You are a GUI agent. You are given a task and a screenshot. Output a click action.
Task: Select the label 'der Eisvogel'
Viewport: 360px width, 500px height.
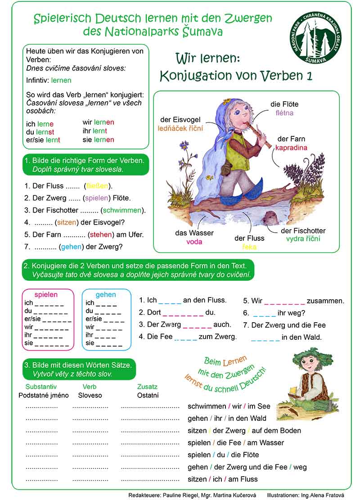(x=180, y=120)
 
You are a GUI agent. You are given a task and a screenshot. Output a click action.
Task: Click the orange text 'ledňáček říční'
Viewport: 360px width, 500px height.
(x=180, y=128)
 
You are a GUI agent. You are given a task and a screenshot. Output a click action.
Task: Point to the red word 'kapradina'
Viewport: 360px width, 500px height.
(x=291, y=147)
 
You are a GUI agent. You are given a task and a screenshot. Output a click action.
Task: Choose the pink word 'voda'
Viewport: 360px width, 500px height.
(x=194, y=241)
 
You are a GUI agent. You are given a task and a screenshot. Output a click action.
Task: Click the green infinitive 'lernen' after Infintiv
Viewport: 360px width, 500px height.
(x=61, y=81)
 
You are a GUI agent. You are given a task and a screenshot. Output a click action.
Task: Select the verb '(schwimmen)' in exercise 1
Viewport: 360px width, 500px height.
(x=123, y=210)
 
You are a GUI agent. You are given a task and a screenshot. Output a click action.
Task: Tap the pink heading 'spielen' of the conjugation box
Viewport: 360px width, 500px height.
(x=46, y=295)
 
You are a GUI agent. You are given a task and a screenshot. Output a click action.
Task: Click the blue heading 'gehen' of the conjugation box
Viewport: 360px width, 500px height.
(x=106, y=295)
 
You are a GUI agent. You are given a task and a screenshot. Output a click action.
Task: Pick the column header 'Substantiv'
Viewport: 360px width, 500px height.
(x=41, y=387)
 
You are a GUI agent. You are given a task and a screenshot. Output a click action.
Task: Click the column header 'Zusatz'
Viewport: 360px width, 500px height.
(x=147, y=387)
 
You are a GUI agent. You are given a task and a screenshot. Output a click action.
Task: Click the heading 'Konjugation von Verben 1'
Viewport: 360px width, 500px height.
(x=236, y=76)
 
